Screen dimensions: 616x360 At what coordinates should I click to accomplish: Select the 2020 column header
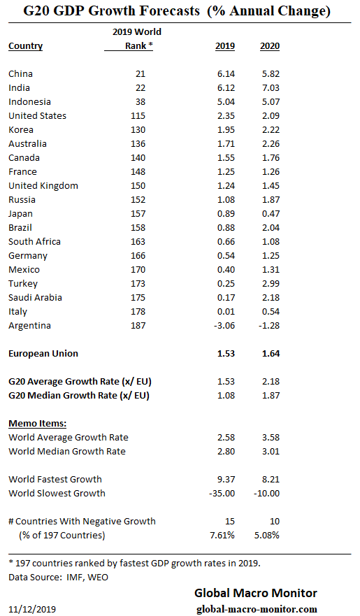tap(269, 46)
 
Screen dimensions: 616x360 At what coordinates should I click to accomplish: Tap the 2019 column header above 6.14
tap(224, 46)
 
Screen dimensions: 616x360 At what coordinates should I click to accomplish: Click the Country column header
tap(25, 46)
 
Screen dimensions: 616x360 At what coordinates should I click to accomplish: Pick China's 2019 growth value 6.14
tap(225, 73)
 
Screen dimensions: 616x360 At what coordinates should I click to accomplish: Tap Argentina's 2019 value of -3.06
tap(223, 325)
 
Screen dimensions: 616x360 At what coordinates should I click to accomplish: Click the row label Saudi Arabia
tap(35, 297)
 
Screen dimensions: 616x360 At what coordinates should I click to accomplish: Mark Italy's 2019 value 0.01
tap(225, 311)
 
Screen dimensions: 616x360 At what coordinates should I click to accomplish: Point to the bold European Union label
tap(43, 353)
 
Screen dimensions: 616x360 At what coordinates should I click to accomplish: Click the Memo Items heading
tap(37, 423)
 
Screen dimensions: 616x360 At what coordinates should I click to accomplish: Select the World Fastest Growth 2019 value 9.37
tap(225, 479)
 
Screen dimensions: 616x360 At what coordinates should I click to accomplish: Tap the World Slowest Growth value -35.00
tap(222, 493)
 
